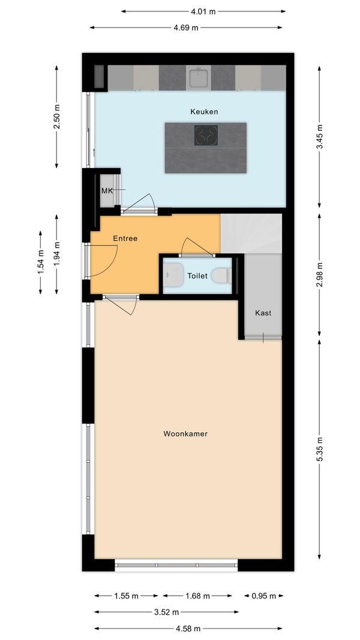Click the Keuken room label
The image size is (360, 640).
click(204, 112)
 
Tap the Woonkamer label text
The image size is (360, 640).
click(185, 433)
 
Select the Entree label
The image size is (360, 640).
click(125, 238)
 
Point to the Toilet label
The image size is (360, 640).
click(197, 276)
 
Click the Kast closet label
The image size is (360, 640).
click(263, 313)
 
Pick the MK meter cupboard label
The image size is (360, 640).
click(107, 191)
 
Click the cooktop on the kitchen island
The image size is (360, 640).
click(206, 135)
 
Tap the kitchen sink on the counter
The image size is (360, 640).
click(198, 77)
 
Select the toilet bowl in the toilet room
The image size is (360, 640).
click(221, 276)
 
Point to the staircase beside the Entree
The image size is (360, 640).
click(251, 233)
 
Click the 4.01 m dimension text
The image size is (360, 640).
click(203, 11)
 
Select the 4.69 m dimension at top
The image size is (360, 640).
click(186, 28)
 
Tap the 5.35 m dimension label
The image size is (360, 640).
click(320, 448)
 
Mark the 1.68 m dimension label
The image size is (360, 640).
click(197, 596)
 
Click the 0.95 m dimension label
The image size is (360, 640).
click(263, 596)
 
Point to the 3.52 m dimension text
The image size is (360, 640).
click(166, 612)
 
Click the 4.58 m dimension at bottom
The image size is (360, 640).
click(187, 629)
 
